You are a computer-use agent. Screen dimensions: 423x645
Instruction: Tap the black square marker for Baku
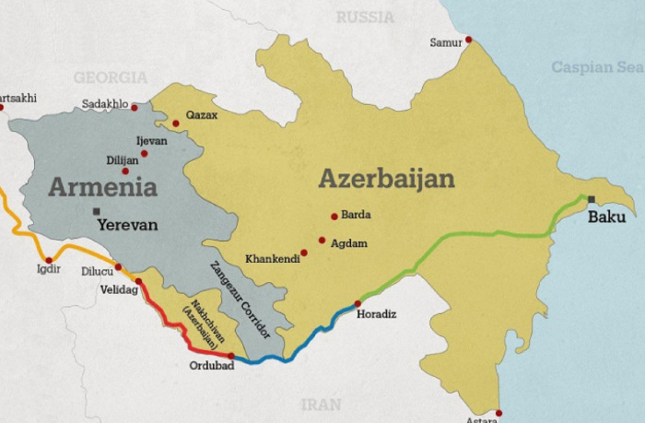coord(591,199)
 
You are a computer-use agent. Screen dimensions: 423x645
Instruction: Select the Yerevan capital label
coord(127,224)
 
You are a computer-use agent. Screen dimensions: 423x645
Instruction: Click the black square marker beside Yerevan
coord(96,212)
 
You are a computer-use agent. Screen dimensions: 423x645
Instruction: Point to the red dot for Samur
coord(468,40)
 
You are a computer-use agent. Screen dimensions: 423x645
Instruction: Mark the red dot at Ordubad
coord(230,355)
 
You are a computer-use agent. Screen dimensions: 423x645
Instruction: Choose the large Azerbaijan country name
coord(387,178)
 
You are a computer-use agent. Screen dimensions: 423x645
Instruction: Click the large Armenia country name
coord(102,187)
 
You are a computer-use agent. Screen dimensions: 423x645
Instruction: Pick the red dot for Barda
coord(334,217)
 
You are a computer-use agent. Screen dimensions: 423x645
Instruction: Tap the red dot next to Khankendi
coord(304,253)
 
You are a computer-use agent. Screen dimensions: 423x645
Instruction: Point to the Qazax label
coord(202,115)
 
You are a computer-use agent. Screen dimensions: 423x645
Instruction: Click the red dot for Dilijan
coord(125,171)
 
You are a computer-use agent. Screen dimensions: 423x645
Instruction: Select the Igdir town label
coord(46,269)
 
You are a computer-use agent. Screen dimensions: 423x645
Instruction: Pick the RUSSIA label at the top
coord(365,18)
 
